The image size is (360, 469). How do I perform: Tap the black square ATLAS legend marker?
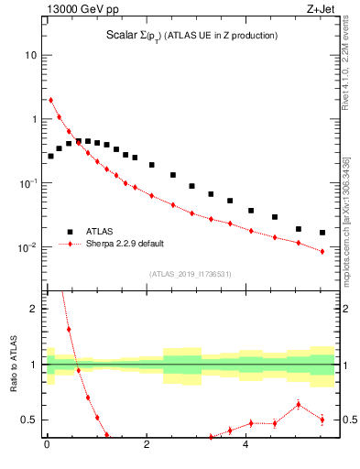tap(70, 232)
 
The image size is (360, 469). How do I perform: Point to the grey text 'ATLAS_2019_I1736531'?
tap(191, 273)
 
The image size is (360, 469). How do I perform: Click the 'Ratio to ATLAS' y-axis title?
tap(13, 364)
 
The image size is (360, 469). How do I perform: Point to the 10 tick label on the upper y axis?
tap(31, 55)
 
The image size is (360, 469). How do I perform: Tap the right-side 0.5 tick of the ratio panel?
tap(348, 420)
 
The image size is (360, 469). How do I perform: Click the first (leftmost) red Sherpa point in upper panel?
tap(50, 100)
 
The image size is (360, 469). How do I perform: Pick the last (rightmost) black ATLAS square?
tap(322, 233)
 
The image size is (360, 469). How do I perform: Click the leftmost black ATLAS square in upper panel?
tap(50, 156)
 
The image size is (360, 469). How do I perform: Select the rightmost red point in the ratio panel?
tap(322, 420)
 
